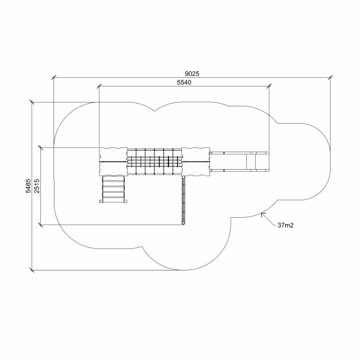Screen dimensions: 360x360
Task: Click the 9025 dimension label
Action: click(192, 74)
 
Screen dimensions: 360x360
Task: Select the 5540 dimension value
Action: click(184, 82)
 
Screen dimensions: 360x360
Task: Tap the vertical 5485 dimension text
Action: click(28, 186)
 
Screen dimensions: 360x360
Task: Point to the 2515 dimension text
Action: click(37, 186)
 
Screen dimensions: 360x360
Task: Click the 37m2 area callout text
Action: click(286, 225)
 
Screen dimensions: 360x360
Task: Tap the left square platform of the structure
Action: click(113, 162)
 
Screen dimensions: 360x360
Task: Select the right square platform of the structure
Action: click(196, 162)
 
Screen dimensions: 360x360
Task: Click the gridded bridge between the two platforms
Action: click(154, 162)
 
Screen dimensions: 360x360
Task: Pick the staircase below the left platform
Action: click(114, 189)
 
